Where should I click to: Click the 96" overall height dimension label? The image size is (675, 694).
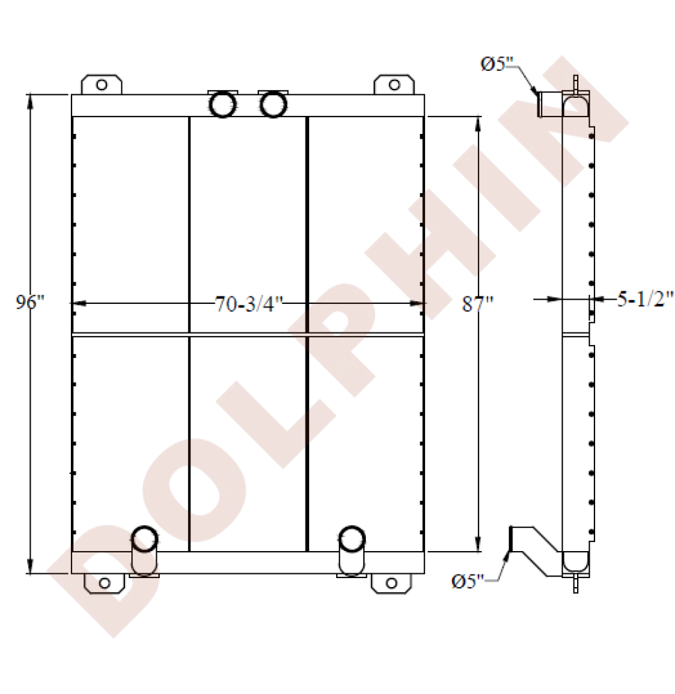point(30,303)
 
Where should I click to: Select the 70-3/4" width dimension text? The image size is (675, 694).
point(249,304)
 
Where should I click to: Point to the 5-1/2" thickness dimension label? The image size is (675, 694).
point(645,300)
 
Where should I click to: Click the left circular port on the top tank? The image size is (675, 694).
point(223,105)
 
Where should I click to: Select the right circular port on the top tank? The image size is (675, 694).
point(274,105)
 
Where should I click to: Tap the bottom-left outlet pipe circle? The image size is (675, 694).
point(144,539)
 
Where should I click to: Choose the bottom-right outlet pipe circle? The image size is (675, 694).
point(351,539)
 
